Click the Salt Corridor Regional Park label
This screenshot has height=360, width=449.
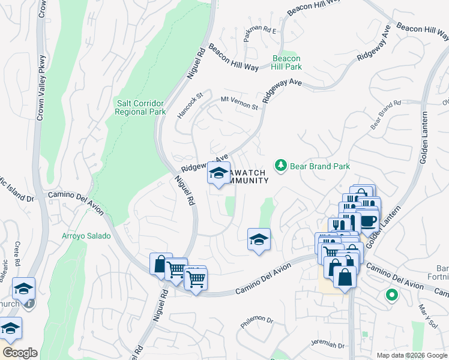pos(140,107)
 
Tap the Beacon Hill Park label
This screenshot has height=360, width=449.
pos(286,62)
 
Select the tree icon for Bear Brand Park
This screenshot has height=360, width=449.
pos(280,164)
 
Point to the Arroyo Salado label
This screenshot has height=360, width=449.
pos(86,236)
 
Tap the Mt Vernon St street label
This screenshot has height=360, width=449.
pos(239,103)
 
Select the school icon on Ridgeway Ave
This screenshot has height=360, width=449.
pos(218,173)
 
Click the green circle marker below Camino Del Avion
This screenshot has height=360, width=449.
pos(391,295)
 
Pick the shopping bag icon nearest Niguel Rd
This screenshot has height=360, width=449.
pos(161,264)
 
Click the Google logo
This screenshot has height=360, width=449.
pos(20,353)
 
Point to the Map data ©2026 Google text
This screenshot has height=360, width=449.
pos(412,355)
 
